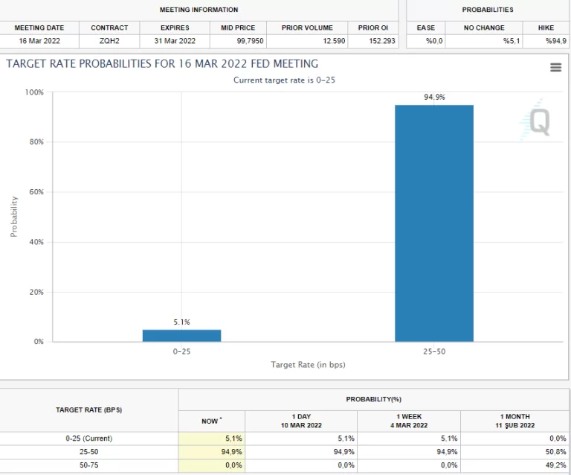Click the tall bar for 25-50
(433, 223)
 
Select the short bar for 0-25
(181, 336)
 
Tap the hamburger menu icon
(555, 68)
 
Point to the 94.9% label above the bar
(434, 98)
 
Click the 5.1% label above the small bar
(181, 322)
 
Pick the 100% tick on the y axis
(34, 92)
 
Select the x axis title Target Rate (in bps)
(308, 365)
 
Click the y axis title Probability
(13, 216)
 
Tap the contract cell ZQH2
(109, 41)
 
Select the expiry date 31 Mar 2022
(175, 41)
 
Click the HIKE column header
(546, 28)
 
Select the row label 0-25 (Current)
(89, 439)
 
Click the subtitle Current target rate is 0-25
(285, 80)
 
